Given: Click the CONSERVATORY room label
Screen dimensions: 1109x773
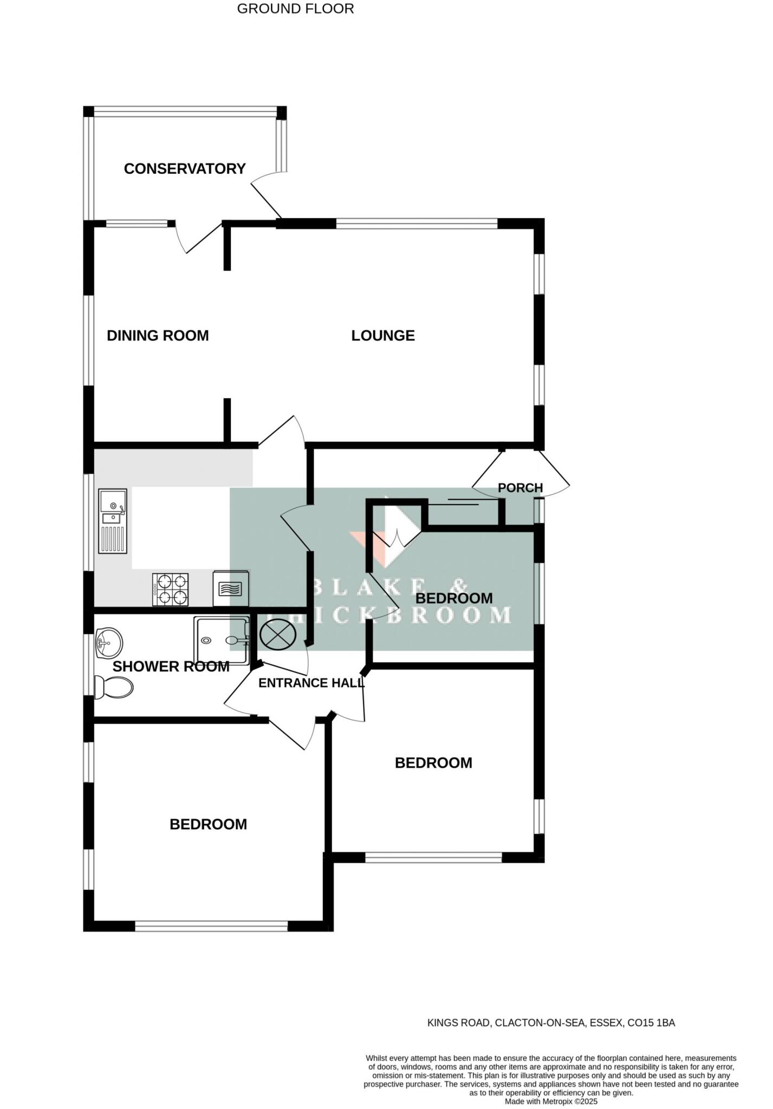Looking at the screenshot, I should pyautogui.click(x=185, y=169).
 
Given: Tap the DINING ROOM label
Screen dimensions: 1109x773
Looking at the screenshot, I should pyautogui.click(x=158, y=336).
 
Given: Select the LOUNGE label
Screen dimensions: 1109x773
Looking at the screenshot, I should pyautogui.click(x=383, y=336).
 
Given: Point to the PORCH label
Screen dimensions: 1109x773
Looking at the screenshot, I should pyautogui.click(x=520, y=488).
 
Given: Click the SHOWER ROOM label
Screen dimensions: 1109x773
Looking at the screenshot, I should pyautogui.click(x=171, y=667).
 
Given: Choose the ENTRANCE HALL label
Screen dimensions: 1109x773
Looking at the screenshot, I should pyautogui.click(x=311, y=683).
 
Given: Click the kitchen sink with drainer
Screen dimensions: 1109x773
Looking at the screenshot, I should pyautogui.click(x=113, y=521).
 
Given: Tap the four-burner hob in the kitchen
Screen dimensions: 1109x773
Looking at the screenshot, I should pyautogui.click(x=171, y=590).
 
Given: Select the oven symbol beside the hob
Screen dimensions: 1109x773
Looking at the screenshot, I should pyautogui.click(x=231, y=589).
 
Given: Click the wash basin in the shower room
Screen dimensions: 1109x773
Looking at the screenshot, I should pyautogui.click(x=108, y=643).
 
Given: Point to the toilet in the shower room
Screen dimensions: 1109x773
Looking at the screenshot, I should pyautogui.click(x=113, y=688).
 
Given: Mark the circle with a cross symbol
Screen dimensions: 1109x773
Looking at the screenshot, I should pyautogui.click(x=277, y=635).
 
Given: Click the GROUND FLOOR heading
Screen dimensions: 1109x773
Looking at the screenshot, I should pyautogui.click(x=295, y=9).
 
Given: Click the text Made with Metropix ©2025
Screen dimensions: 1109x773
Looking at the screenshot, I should pyautogui.click(x=551, y=1101).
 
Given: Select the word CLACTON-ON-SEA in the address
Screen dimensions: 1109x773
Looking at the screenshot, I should pyautogui.click(x=540, y=1023).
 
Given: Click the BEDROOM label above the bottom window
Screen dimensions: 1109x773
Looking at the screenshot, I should pyautogui.click(x=208, y=824).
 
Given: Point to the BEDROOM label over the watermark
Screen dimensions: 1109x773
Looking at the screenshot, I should pyautogui.click(x=454, y=598).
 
